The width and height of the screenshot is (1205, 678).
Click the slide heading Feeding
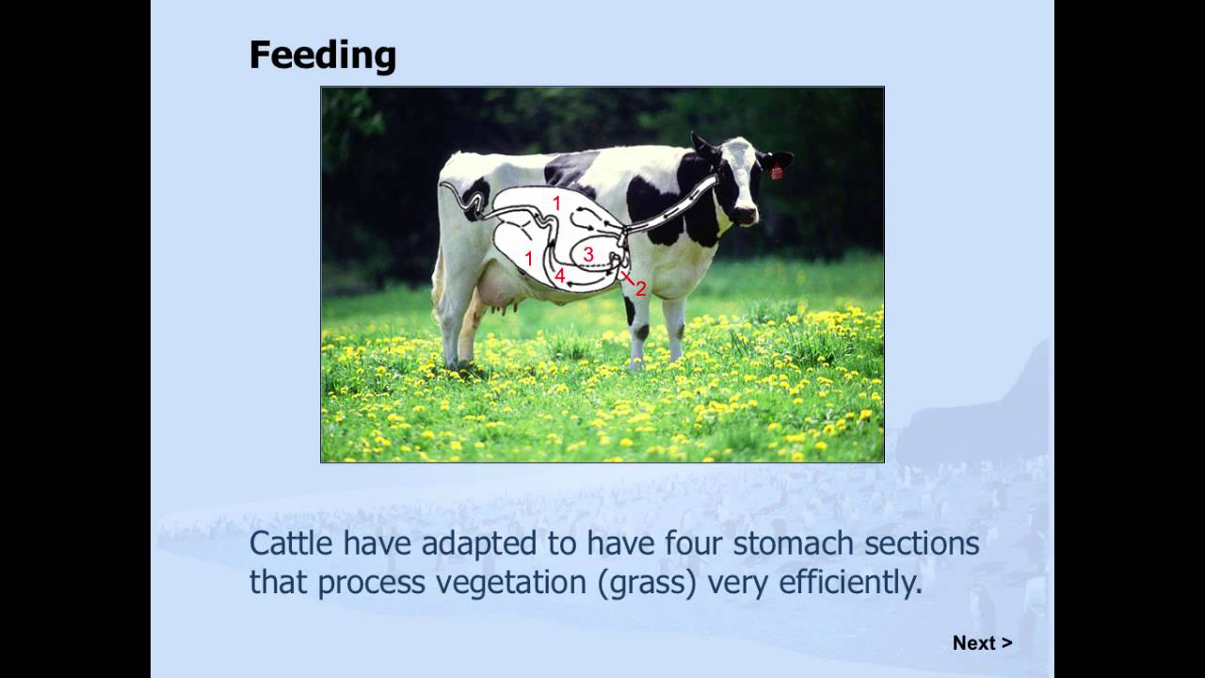click(322, 56)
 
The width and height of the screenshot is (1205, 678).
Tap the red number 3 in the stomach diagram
click(588, 254)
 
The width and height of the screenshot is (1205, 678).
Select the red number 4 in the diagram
click(559, 276)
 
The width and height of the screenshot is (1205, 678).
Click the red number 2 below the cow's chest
click(641, 289)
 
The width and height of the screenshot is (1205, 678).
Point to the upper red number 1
click(556, 203)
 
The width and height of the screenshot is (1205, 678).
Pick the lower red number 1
click(529, 259)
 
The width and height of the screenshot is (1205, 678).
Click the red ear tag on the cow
click(777, 172)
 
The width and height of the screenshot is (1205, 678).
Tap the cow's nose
click(747, 216)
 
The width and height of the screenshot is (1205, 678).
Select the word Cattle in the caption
click(292, 543)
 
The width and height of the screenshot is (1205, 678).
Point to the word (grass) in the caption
click(648, 583)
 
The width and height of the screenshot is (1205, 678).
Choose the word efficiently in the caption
click(850, 583)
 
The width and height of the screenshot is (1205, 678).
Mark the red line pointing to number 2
click(628, 278)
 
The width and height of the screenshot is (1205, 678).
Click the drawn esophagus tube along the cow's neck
click(678, 207)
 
